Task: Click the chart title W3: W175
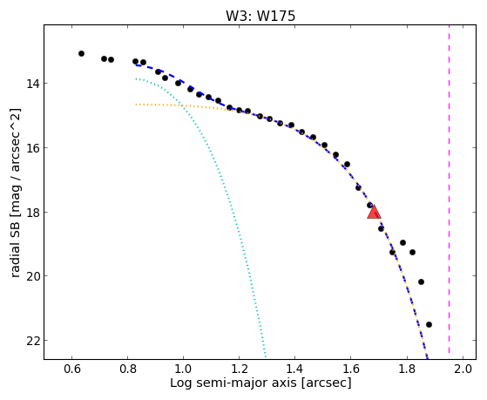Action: [x=260, y=16]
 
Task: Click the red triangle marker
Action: [x=374, y=212]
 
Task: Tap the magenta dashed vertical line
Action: [x=450, y=189]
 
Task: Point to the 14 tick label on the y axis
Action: [x=32, y=84]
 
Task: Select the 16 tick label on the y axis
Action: [x=32, y=147]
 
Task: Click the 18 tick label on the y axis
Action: [x=32, y=212]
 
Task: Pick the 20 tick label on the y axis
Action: [x=32, y=276]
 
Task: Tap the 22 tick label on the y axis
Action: [x=32, y=341]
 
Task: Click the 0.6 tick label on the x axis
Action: [x=72, y=369]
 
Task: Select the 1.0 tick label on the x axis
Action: [x=183, y=369]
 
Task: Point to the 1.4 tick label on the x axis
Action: [x=294, y=369]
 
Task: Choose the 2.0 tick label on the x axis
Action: [x=463, y=369]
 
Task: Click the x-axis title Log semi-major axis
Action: [x=233, y=383]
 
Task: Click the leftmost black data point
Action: [x=81, y=54]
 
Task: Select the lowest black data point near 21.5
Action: [x=429, y=324]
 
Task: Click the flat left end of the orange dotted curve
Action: [x=136, y=105]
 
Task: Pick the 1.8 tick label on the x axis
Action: [x=407, y=369]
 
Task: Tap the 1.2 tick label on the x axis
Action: [x=240, y=369]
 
